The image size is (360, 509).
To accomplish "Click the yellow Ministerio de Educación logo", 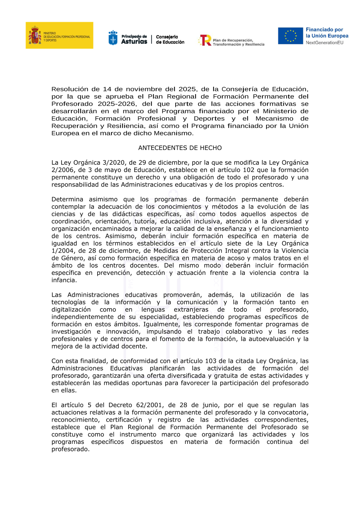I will [59, 35].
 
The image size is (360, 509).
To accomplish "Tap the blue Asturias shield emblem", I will [113, 38].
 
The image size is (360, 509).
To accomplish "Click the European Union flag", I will [290, 36].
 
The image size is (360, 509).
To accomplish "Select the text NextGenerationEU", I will [324, 42].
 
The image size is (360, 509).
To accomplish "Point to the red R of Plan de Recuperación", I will [206, 40].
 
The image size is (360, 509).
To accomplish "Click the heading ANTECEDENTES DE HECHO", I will [180, 148].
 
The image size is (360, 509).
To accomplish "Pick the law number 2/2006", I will [63, 170].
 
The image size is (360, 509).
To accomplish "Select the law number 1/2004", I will [63, 251].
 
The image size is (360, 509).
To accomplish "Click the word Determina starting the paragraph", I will [67, 199].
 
